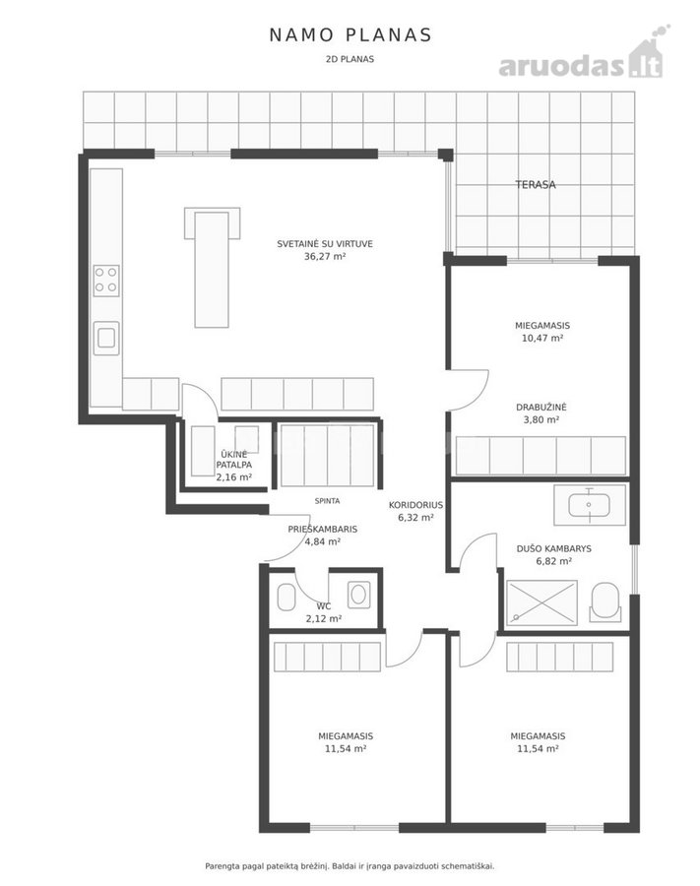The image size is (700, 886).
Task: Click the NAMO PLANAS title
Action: click(350, 35)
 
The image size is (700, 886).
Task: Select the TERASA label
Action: click(535, 184)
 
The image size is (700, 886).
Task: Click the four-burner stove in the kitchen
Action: click(106, 281)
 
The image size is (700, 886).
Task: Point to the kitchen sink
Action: click(106, 338)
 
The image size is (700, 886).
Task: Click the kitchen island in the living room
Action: click(212, 268)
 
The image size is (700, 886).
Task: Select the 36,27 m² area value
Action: click(325, 256)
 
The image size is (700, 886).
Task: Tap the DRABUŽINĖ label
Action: click(541, 407)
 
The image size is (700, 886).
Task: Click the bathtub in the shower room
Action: click(590, 505)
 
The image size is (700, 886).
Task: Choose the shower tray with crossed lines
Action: click(541, 602)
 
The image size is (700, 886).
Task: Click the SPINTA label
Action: click(327, 501)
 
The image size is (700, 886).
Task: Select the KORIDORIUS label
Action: click(415, 505)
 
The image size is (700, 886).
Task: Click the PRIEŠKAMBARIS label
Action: click(323, 530)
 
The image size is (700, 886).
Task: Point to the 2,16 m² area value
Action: click(234, 476)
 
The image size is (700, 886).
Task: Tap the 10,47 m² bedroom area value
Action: click(542, 338)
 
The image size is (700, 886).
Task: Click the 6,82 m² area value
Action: click(553, 561)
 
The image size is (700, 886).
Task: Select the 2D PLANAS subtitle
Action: click(350, 59)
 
